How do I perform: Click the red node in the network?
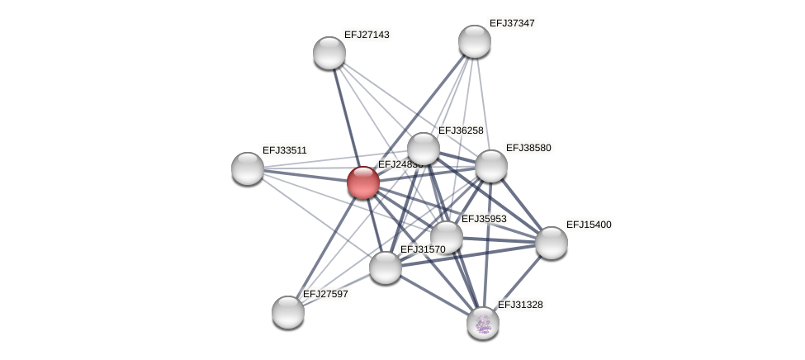[x=363, y=182]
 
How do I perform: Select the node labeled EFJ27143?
[x=329, y=53]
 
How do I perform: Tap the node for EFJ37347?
[x=475, y=41]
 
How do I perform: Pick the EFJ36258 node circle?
[x=424, y=149]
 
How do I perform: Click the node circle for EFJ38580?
[x=491, y=166]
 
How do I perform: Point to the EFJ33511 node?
[x=248, y=168]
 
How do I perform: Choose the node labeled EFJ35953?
[x=447, y=237]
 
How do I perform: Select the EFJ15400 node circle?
[x=552, y=243]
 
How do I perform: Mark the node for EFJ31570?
[x=386, y=268]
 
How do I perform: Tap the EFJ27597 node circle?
[x=288, y=312]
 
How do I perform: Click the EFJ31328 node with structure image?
[x=483, y=323]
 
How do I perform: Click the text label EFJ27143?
[x=367, y=35]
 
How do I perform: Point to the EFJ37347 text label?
[x=512, y=23]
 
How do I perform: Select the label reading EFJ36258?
[x=461, y=130]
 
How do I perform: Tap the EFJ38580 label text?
[x=528, y=148]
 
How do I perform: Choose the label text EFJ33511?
[x=285, y=150]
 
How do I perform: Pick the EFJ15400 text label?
[x=589, y=225]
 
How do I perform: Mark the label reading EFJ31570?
[x=423, y=249]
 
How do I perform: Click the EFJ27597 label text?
[x=325, y=294]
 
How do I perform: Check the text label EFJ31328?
[x=520, y=305]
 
